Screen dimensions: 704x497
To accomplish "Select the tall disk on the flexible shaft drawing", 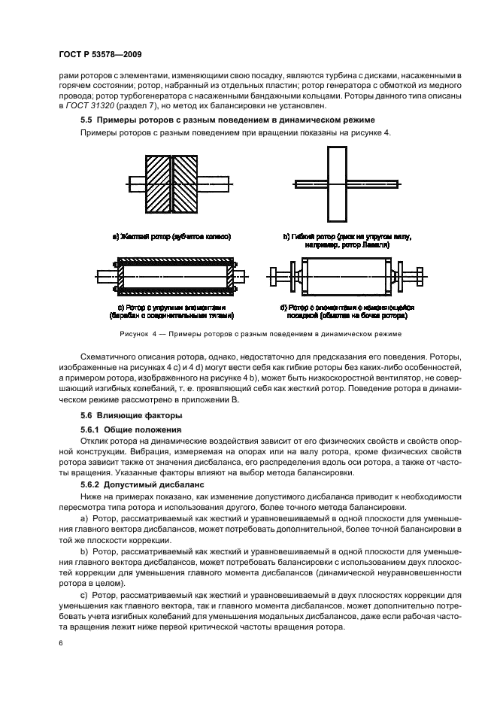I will click(338, 184).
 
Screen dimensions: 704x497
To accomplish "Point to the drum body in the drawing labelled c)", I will click(174, 278).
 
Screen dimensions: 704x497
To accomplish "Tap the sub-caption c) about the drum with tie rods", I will click(173, 311).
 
